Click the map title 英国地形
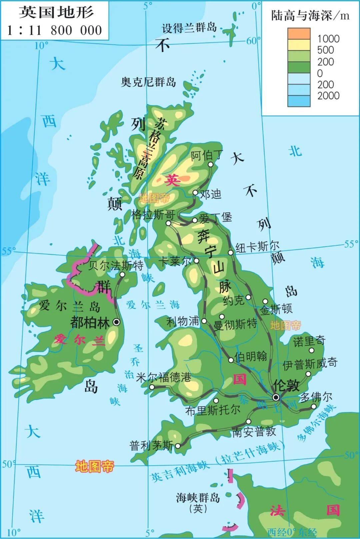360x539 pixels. (56, 13)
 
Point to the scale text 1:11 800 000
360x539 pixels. (55, 30)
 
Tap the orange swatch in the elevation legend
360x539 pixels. (299, 34)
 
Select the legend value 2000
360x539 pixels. (328, 96)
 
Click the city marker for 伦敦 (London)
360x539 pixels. (276, 397)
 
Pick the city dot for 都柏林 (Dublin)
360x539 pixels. (117, 322)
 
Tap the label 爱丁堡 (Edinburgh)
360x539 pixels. (215, 218)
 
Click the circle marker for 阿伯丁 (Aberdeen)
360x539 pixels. (210, 164)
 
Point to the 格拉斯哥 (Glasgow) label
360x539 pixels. (153, 214)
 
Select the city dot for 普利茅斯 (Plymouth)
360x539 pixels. (178, 446)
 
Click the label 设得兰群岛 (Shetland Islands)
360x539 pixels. (189, 28)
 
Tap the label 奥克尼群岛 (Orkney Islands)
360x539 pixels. (148, 82)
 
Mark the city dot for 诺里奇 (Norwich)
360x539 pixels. (311, 350)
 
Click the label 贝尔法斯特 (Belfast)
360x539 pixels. (116, 265)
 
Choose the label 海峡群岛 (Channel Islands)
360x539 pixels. (198, 498)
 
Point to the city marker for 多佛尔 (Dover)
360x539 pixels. (313, 406)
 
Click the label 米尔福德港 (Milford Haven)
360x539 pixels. (164, 377)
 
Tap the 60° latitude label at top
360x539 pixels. (253, 41)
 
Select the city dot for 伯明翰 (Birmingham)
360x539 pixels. (231, 360)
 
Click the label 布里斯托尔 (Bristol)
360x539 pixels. (213, 410)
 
